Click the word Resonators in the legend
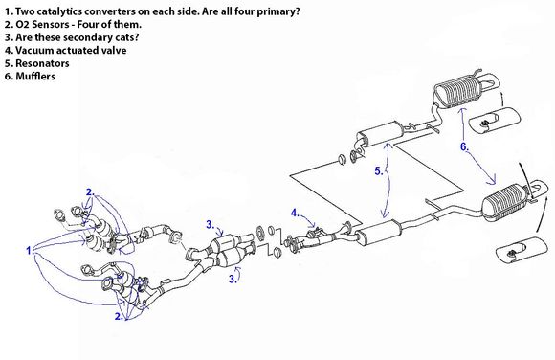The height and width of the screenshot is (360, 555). pos(42,63)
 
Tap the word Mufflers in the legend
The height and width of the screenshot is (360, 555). pos(35,77)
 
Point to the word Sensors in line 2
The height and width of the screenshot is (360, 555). pos(50,25)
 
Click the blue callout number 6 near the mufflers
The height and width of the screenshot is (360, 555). pos(464,146)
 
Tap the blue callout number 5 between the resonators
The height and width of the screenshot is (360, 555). pos(379,171)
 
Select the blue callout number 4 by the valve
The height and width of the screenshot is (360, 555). pos(295,213)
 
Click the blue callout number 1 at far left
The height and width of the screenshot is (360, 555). pos(30,251)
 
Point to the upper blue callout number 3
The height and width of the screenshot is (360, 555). pos(211,225)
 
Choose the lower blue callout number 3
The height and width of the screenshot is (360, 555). pos(233,279)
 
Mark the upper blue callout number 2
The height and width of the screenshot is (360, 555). pos(90,192)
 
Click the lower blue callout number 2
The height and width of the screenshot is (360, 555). pos(119,316)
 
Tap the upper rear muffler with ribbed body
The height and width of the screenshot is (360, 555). pos(457,90)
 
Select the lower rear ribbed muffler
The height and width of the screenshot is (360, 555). pos(507,202)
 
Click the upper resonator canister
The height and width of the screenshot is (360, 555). pos(380,133)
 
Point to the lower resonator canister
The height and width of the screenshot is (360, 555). pos(377,233)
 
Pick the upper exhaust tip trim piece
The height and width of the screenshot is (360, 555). pos(495,120)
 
